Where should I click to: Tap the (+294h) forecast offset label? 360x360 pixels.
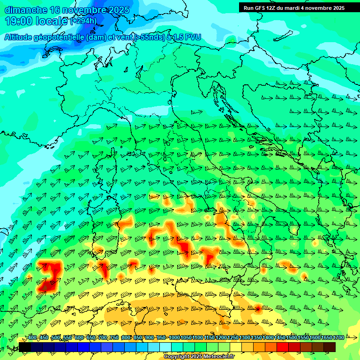click(x=83, y=21)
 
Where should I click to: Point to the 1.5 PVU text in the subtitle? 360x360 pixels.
click(x=187, y=37)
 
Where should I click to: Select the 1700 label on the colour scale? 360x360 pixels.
click(x=326, y=338)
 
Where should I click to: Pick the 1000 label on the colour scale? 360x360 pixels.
click(x=174, y=338)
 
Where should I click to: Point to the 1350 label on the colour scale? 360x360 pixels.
click(x=256, y=338)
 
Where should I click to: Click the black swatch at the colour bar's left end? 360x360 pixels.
click(x=25, y=347)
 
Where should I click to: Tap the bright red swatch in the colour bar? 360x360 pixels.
click(x=283, y=347)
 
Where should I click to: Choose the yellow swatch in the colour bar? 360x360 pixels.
click(x=236, y=347)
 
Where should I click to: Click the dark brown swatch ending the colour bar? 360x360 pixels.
click(x=330, y=347)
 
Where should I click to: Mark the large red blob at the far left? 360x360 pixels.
click(x=50, y=276)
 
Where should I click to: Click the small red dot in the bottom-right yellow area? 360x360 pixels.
click(x=258, y=308)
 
